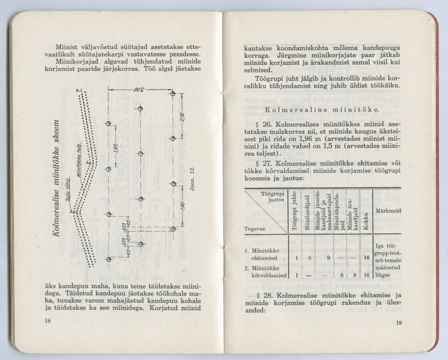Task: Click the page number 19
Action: (399, 323)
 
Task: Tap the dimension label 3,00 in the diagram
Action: (139, 91)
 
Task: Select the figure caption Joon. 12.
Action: (192, 178)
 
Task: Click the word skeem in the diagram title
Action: (57, 134)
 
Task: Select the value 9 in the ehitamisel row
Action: (328, 258)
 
